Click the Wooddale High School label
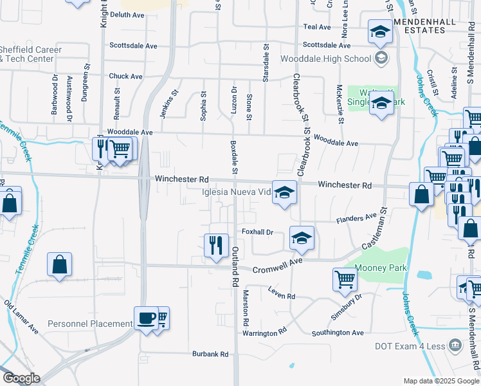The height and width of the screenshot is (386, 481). (327, 59)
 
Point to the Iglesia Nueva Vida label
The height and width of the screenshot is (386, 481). (237, 192)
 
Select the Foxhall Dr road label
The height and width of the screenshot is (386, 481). (258, 232)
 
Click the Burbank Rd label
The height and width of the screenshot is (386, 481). (210, 354)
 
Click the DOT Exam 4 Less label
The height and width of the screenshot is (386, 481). (410, 346)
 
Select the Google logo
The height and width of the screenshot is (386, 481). (21, 378)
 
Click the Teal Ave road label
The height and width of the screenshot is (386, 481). (316, 27)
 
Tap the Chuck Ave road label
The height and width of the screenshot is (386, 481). (125, 76)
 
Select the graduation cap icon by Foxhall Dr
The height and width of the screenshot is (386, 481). (301, 237)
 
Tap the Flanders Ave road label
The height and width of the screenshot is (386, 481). (356, 219)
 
